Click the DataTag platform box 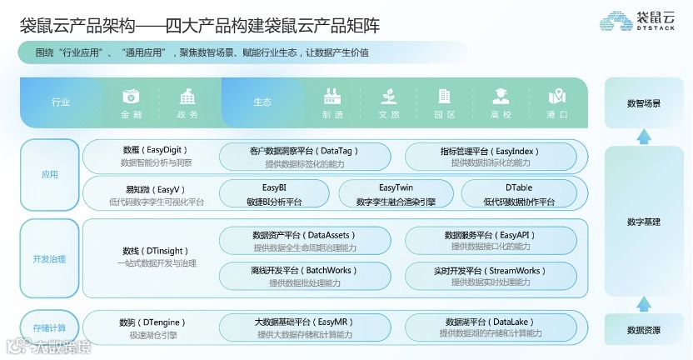coord(304,157)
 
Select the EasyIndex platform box coord(490,157)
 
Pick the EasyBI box coord(274,194)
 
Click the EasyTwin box coord(396,194)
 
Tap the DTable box coord(518,194)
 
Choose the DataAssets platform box coord(304,241)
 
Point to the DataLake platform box coord(490,327)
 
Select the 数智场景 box coord(644,103)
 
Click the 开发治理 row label coord(49,259)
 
